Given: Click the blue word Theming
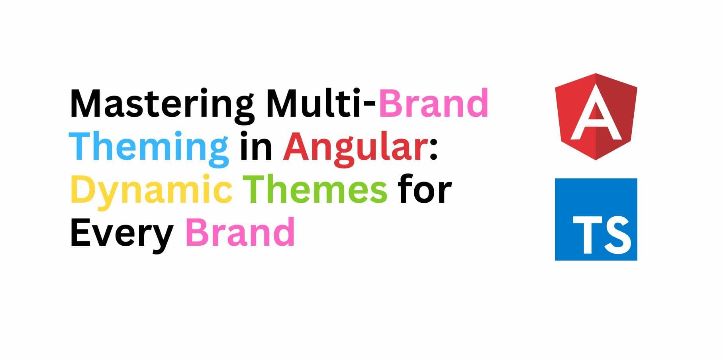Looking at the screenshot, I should (x=149, y=147).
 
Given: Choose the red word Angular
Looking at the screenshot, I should (x=355, y=147).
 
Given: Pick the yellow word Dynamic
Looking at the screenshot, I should (x=151, y=190).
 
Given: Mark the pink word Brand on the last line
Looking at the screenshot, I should (x=240, y=232).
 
